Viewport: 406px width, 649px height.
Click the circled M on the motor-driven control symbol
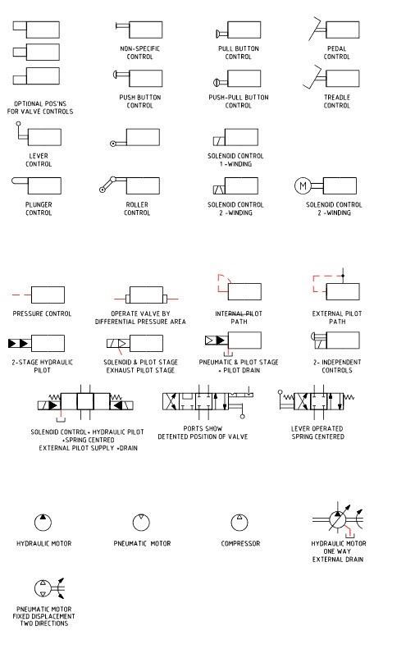pos(302,185)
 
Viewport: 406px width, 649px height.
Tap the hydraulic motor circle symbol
pos(42,522)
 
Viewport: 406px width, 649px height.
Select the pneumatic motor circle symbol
pos(142,522)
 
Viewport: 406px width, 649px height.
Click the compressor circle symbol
pos(239,522)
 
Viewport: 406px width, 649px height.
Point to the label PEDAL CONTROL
pos(336,53)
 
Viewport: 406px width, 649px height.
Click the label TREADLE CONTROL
pos(336,101)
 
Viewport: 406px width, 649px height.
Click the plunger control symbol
pos(36,185)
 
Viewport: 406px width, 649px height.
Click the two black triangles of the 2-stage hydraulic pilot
pos(19,341)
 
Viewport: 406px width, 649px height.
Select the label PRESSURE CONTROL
pos(42,313)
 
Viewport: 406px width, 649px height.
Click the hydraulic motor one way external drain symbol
pos(336,521)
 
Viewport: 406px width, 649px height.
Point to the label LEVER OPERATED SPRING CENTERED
pos(317,432)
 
